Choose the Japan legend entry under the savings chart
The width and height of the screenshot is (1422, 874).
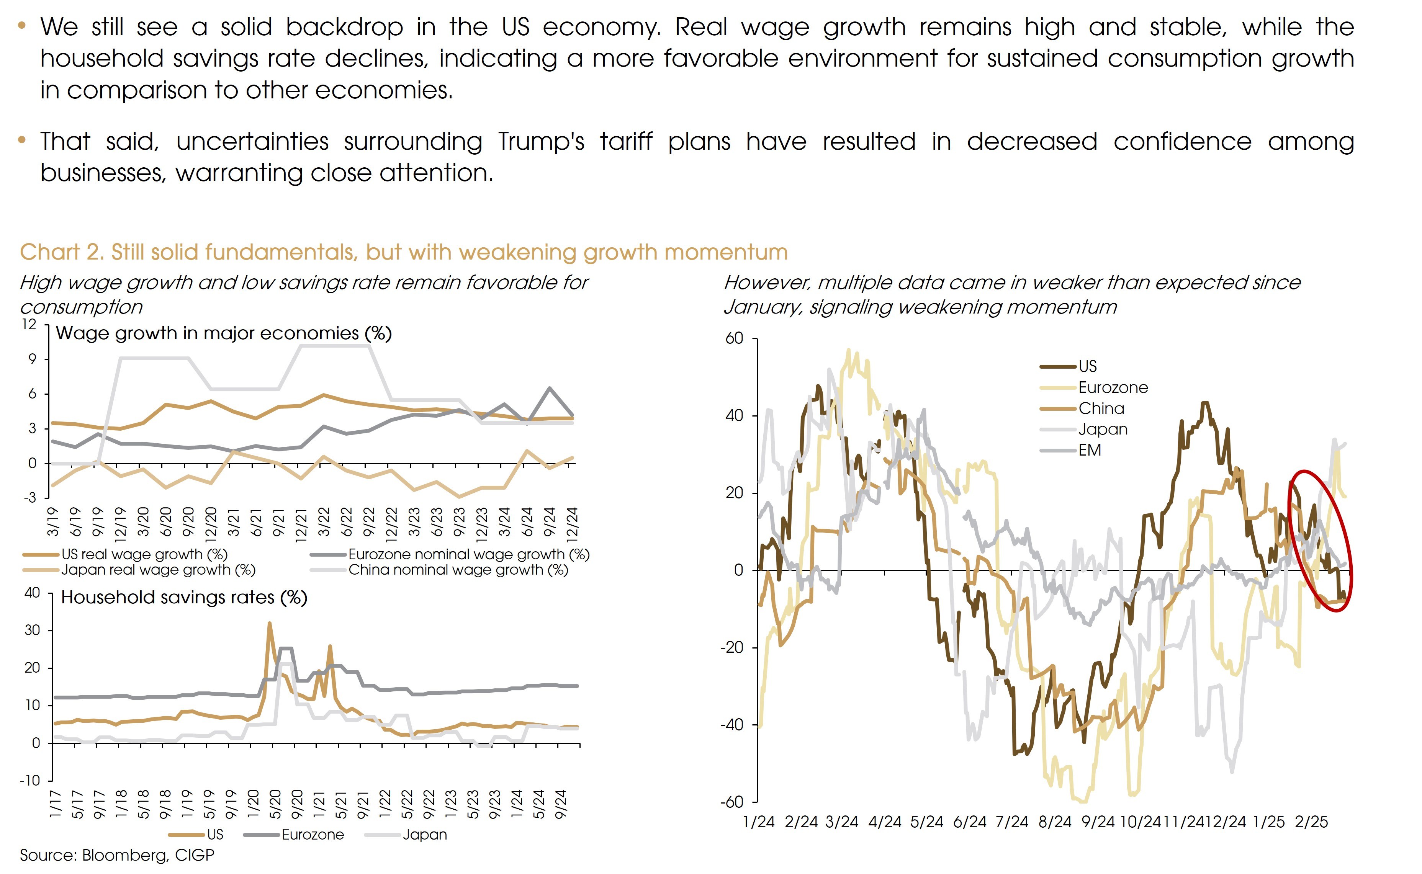(424, 835)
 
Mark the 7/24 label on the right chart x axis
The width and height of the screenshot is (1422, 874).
(1012, 822)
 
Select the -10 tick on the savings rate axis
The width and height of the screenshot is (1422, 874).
(30, 780)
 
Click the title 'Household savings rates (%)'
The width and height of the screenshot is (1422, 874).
(184, 597)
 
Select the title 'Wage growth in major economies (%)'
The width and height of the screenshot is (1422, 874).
(224, 333)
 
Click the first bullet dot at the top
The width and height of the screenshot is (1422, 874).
(22, 25)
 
